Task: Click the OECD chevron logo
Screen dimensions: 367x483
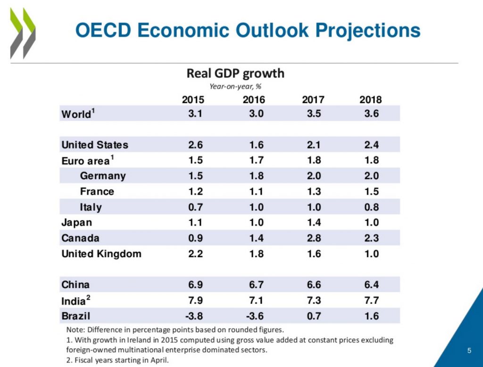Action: click(x=23, y=33)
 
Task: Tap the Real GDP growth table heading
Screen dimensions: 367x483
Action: click(x=235, y=74)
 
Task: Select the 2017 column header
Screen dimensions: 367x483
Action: click(x=313, y=100)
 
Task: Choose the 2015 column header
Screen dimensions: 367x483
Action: click(x=193, y=100)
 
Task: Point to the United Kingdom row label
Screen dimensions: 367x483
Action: click(x=101, y=254)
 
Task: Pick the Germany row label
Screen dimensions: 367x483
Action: click(x=103, y=176)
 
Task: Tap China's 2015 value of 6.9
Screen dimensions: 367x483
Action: click(x=195, y=285)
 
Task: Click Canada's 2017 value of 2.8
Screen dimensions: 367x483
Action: click(x=314, y=238)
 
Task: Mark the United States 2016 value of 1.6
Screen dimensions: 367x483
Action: click(x=256, y=145)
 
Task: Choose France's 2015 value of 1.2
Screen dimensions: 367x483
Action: click(x=195, y=192)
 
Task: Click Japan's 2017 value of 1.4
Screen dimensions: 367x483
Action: click(x=314, y=223)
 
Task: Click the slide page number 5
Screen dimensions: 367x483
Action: click(x=469, y=350)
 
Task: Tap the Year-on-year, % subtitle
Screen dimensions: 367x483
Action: click(x=235, y=86)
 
